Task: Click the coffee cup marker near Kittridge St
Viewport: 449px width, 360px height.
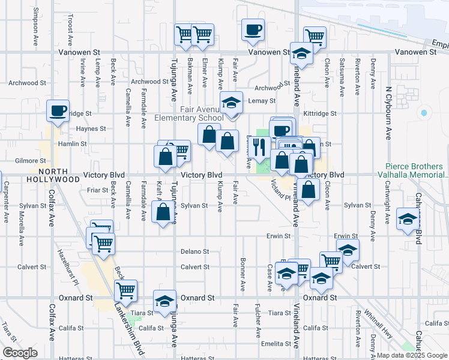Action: (58, 110)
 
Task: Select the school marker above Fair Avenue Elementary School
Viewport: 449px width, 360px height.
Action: (231, 102)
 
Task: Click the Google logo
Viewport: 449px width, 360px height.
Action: (20, 353)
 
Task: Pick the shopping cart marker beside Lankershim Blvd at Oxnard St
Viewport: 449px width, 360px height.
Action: (126, 291)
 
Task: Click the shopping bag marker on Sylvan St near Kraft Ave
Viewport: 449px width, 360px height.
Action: (163, 212)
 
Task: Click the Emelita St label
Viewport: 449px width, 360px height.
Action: (276, 344)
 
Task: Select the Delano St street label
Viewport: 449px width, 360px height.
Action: (194, 252)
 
